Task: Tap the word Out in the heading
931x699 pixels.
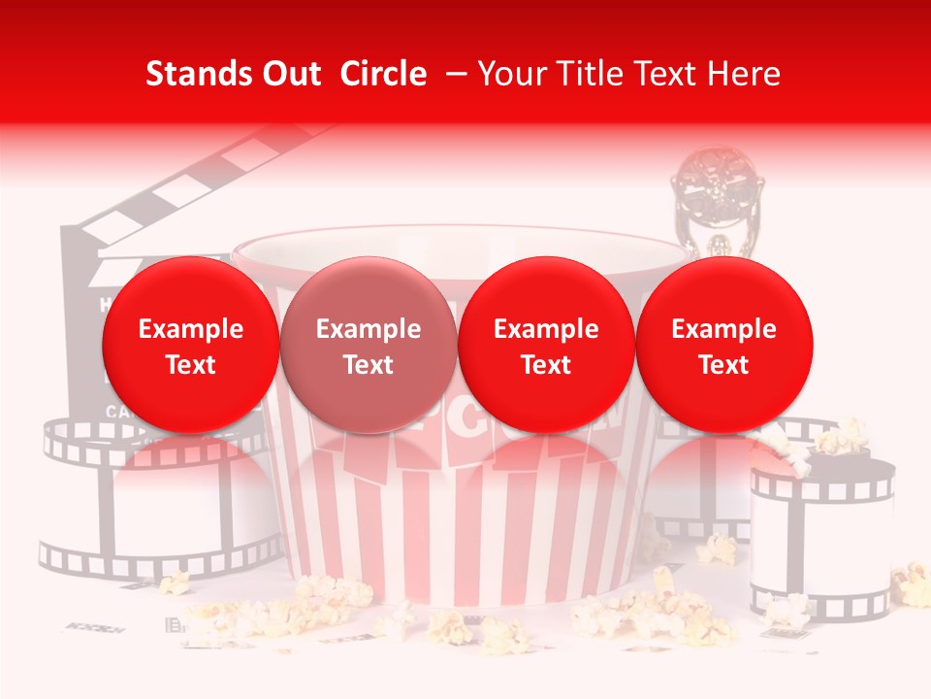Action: pyautogui.click(x=289, y=74)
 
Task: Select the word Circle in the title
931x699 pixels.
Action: pyautogui.click(x=383, y=74)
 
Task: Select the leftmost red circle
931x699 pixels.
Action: pyautogui.click(x=190, y=345)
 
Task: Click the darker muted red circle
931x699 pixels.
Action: pyautogui.click(x=369, y=345)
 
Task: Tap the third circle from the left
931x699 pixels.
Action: pyautogui.click(x=546, y=345)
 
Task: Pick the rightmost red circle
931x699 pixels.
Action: pyautogui.click(x=724, y=345)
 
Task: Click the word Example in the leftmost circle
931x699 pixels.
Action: pyautogui.click(x=191, y=329)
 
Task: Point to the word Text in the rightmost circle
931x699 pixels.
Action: pyautogui.click(x=724, y=365)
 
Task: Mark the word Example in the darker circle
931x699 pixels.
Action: pyautogui.click(x=369, y=329)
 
